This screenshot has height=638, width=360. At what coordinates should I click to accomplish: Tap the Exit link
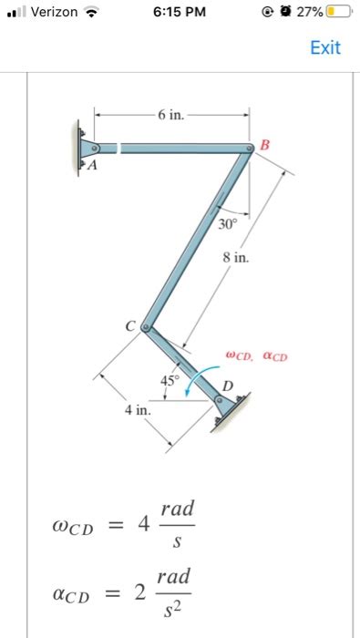pyautogui.click(x=324, y=47)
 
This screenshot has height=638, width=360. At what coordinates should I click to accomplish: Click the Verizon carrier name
pyautogui.click(x=52, y=12)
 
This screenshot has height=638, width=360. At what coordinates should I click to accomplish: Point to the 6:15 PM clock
pyautogui.click(x=180, y=12)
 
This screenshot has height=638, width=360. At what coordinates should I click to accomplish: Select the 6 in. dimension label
pyautogui.click(x=170, y=115)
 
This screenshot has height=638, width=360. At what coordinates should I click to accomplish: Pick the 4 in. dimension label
pyautogui.click(x=138, y=410)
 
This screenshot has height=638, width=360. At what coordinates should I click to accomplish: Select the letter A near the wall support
pyautogui.click(x=90, y=167)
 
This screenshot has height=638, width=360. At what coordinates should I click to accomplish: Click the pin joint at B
pyautogui.click(x=251, y=149)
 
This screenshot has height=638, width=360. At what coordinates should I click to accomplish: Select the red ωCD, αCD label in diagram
pyautogui.click(x=256, y=356)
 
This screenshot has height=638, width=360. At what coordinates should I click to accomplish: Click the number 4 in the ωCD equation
pyautogui.click(x=141, y=525)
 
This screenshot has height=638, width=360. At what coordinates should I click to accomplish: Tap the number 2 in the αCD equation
pyautogui.click(x=139, y=594)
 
